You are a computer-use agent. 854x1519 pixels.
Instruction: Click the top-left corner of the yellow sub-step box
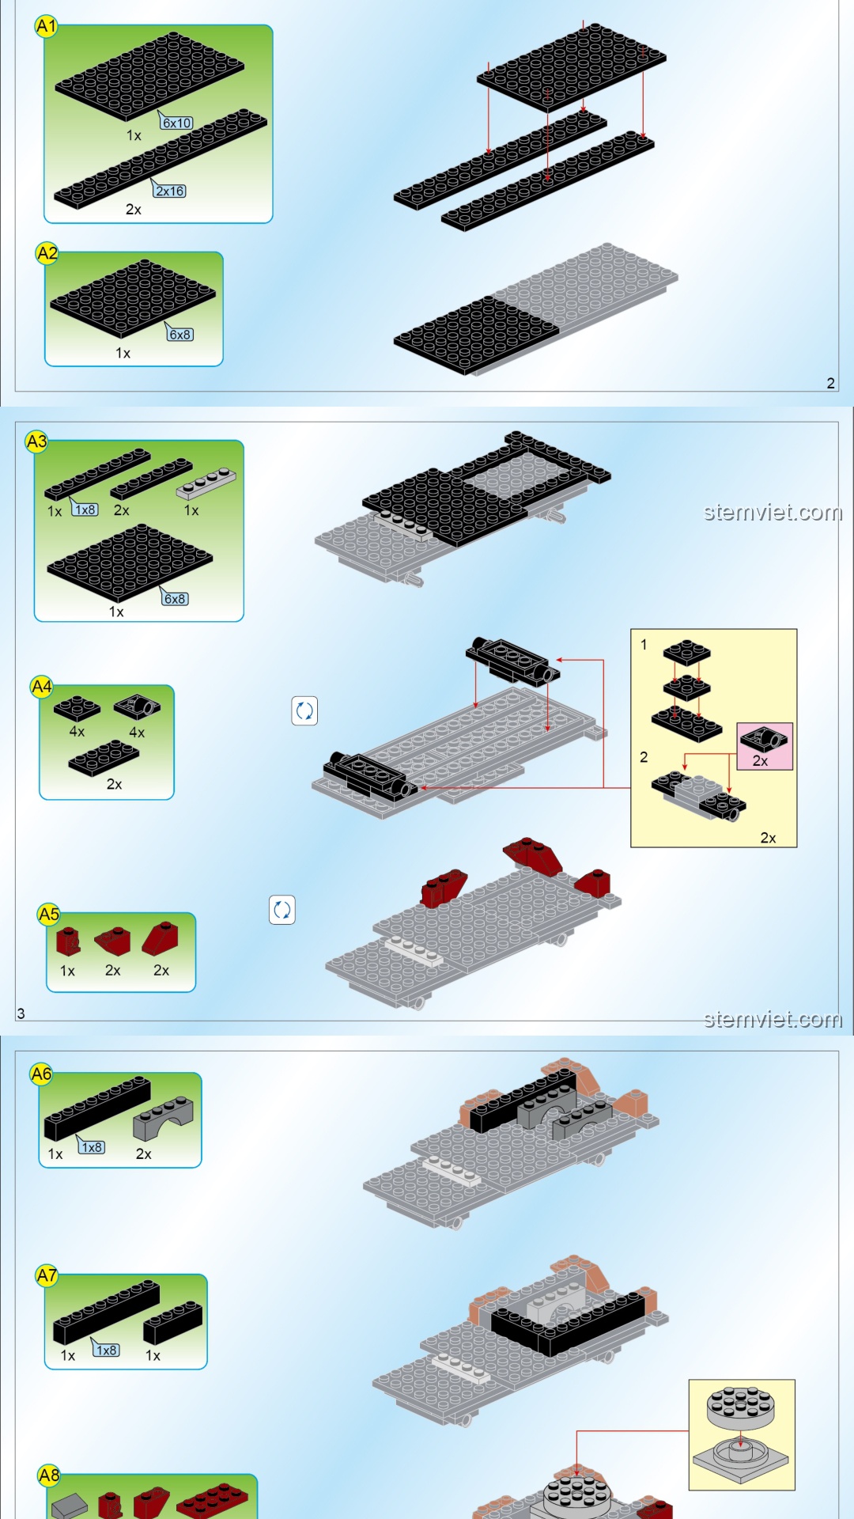pos(631,630)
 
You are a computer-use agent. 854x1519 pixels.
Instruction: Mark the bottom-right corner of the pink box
pos(792,769)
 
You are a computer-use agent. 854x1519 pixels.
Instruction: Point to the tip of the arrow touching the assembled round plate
pos(576,1473)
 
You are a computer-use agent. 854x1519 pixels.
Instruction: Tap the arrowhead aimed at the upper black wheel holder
pos(558,660)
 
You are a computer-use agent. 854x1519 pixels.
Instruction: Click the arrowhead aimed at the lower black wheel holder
pos(421,788)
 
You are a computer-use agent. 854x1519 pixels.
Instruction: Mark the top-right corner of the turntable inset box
pos(795,1381)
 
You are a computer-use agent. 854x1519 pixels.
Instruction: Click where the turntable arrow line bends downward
pos(576,1431)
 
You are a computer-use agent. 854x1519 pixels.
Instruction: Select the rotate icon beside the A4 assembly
pos(304,711)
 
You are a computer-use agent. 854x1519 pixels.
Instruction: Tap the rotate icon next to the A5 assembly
pos(282,910)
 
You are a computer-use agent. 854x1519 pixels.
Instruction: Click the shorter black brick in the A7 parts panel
pos(173,1322)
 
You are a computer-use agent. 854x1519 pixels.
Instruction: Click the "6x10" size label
pos(177,123)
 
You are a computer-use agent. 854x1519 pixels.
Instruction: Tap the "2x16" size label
pos(170,191)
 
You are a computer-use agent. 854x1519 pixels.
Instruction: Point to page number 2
pos(830,383)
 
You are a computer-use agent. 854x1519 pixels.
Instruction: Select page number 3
pos(21,1013)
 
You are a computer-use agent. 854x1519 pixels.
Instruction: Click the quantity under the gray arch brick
pos(143,1154)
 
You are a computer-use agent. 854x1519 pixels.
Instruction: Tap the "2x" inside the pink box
pos(760,761)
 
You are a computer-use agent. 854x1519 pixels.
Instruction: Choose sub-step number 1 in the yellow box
pos(644,645)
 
